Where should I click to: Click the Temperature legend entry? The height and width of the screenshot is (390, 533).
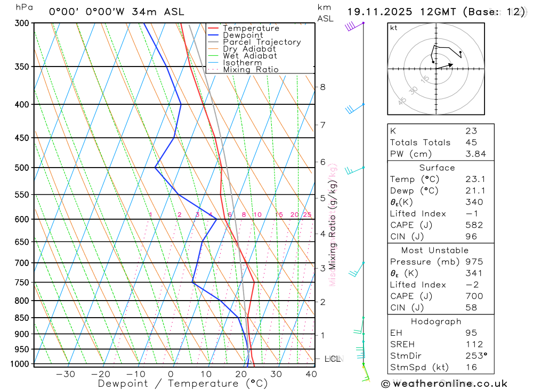[251, 28]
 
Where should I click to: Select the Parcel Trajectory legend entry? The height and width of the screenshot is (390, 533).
[262, 42]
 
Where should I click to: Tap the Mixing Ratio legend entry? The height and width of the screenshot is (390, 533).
[251, 70]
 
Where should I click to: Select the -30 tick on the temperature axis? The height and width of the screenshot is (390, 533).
[66, 374]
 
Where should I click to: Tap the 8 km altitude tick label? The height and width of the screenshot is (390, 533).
[322, 87]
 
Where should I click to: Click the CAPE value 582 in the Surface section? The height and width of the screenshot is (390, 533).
[474, 225]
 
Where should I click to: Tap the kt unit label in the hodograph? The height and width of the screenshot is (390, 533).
[394, 28]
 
